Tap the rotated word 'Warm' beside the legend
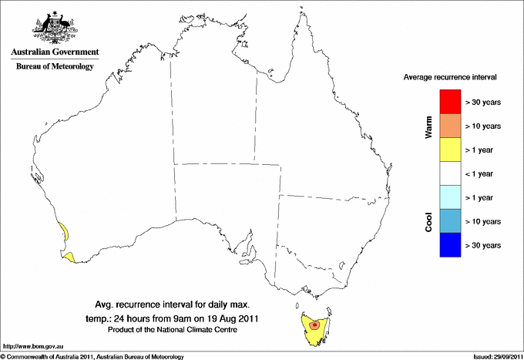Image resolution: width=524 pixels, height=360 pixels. tap(428, 128)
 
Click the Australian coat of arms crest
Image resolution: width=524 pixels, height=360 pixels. tap(53, 27)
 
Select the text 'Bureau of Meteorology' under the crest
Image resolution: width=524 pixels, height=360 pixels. tap(54, 67)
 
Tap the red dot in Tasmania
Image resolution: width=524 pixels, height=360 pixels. tap(315, 325)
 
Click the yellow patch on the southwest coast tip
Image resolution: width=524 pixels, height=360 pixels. tap(70, 257)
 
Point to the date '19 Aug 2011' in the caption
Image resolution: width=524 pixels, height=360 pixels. tap(233, 318)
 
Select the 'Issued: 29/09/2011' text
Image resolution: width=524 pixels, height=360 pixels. tap(496, 356)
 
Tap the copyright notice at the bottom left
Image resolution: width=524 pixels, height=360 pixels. tap(92, 356)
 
